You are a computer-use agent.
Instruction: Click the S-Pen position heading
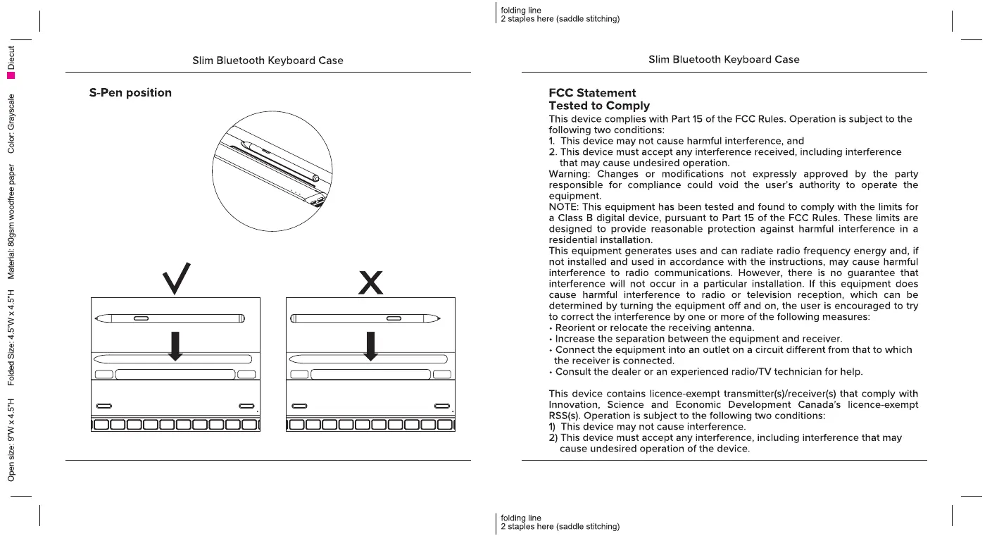click(x=130, y=93)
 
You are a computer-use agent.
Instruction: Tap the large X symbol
click(x=370, y=282)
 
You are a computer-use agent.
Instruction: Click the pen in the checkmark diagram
click(x=171, y=318)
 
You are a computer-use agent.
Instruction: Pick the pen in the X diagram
click(x=366, y=318)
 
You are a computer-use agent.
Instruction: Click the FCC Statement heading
click(x=592, y=93)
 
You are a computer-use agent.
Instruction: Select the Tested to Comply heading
click(x=599, y=106)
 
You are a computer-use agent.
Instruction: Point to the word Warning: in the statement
click(x=570, y=174)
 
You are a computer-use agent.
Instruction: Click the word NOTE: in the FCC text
click(x=564, y=207)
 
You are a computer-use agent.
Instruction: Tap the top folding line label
click(x=521, y=11)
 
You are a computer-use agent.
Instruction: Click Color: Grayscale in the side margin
click(x=11, y=123)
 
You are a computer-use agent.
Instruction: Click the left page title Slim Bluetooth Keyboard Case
click(x=268, y=61)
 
